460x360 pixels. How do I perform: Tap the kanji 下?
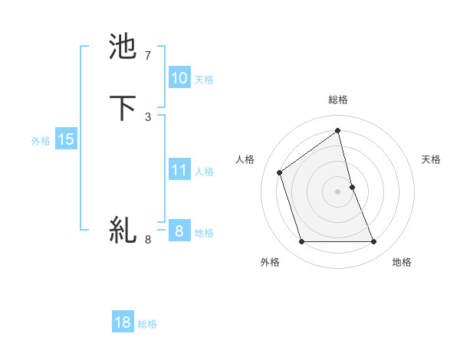coord(123,107)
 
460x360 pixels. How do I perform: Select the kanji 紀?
coord(123,230)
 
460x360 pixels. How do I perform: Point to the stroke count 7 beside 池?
coord(148,56)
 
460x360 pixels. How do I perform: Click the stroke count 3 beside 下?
coord(148,116)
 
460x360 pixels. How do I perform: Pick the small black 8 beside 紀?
coord(148,240)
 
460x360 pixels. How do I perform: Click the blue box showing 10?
coord(179,77)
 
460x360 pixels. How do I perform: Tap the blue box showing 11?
coord(179,170)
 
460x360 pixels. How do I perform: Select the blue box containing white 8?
coord(179,231)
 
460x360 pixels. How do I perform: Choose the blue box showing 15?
coord(66,139)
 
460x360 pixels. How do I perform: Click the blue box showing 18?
coord(123,322)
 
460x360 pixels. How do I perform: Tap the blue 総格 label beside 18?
coord(147,324)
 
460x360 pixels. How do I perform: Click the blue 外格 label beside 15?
coord(41,141)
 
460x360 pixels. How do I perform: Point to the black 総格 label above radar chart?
coord(337,100)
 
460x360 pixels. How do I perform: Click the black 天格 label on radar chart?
coord(431,159)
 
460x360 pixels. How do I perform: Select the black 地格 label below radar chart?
coord(402,263)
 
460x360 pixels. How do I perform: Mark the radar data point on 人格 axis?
coord(280,172)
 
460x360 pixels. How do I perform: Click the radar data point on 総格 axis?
coord(337,131)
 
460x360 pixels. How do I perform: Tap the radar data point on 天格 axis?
coord(352,186)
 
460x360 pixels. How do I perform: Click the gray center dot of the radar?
coord(337,191)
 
